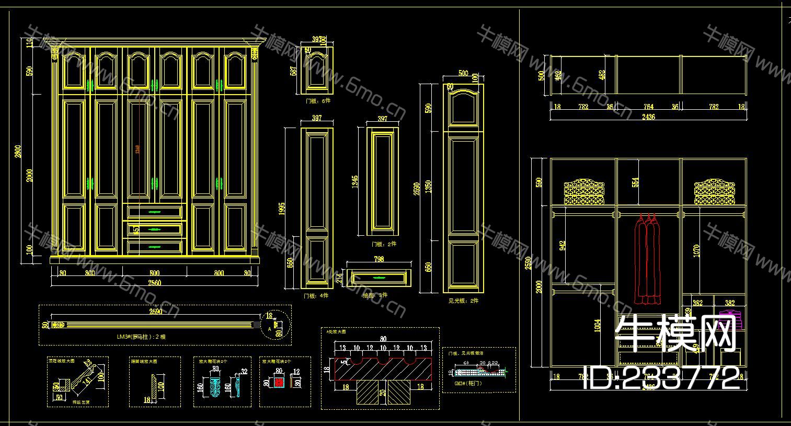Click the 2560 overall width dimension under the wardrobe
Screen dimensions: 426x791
154,283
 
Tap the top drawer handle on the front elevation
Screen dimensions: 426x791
154,212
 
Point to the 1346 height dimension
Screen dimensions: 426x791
355,182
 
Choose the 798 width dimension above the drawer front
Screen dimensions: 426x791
380,259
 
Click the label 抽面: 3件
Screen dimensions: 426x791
376,295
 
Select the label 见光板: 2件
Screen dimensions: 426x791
463,301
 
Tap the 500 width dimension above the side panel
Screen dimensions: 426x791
463,74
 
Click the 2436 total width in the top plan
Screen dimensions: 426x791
648,117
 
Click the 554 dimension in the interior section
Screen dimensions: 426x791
636,182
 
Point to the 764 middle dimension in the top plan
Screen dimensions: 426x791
648,107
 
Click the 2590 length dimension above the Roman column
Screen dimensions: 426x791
155,312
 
